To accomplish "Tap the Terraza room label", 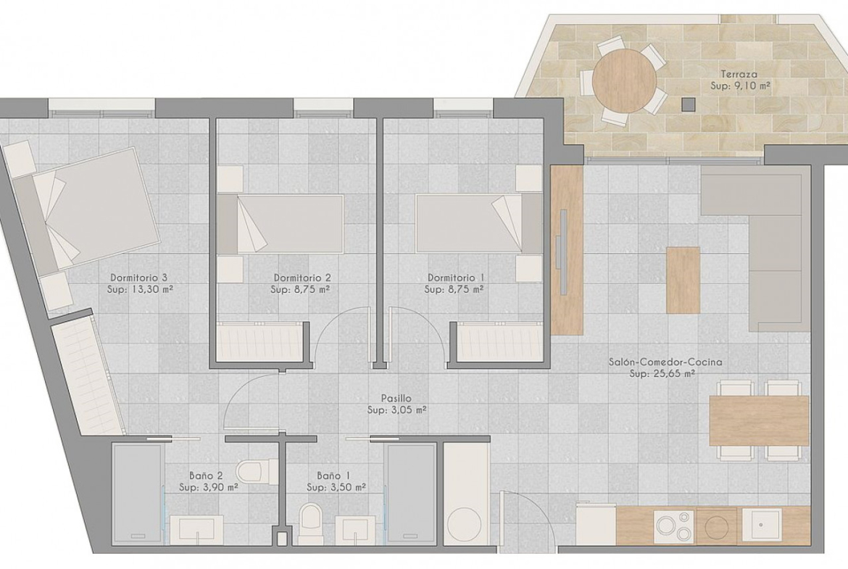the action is [739, 74].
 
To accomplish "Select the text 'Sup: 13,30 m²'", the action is [140, 289].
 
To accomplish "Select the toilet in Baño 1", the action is [310, 523].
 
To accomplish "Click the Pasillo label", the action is [396, 399].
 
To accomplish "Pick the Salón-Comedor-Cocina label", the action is [665, 362].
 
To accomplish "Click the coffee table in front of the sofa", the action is [683, 280].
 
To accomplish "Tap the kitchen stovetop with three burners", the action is [675, 526].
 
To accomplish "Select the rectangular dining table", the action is [759, 420].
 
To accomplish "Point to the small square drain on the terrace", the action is [688, 104].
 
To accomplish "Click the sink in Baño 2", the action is [196, 530].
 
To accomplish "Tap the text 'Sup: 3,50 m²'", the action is [336, 487].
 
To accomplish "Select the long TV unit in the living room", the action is [567, 250].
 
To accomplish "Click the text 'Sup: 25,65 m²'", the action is [662, 373].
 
